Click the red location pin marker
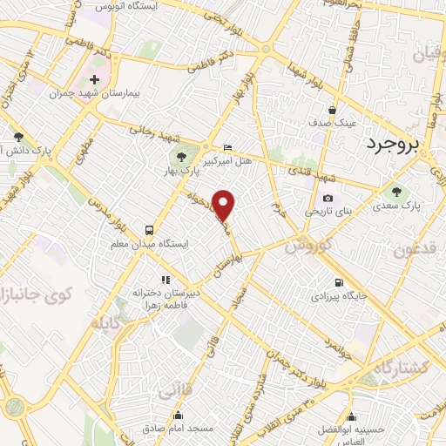coord(225,206)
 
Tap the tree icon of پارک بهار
coord(181,158)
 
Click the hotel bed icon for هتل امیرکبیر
coord(228,147)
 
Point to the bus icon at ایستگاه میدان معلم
coord(150,231)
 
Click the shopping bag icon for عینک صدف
coord(333,111)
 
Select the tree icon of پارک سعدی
coord(397,193)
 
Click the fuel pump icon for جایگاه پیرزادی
coord(338,282)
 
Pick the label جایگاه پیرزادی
coord(340,296)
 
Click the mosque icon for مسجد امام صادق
coord(179,415)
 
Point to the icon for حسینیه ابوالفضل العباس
coord(352,416)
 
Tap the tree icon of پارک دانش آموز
coord(18,137)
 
